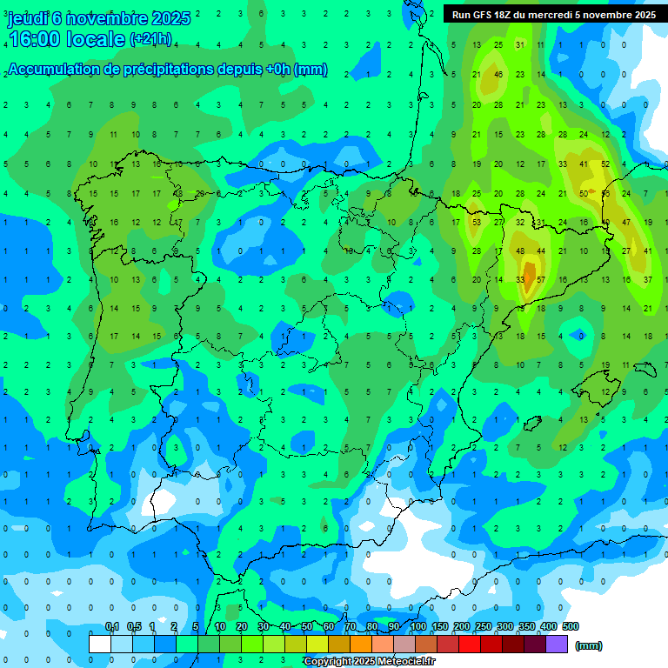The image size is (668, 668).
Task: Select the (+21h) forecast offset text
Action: pos(150,39)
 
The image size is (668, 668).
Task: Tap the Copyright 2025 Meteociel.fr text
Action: pos(369,662)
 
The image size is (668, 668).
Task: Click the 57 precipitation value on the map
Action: pos(541,280)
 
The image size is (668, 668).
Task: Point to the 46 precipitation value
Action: pos(498,75)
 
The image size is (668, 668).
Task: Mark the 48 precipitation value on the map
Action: pos(520,251)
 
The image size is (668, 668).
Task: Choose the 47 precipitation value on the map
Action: pos(626,223)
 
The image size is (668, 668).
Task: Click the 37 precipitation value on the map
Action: pos(648,280)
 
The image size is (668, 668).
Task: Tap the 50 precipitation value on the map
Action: pos(584,193)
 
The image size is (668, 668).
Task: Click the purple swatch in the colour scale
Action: pos(557,645)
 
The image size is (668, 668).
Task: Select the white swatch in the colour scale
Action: pos(100,645)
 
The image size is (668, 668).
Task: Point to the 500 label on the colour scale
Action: pos(571,627)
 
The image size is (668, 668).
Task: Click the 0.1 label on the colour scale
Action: pos(111,627)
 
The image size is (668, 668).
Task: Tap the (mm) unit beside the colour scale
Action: pos(589,645)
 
